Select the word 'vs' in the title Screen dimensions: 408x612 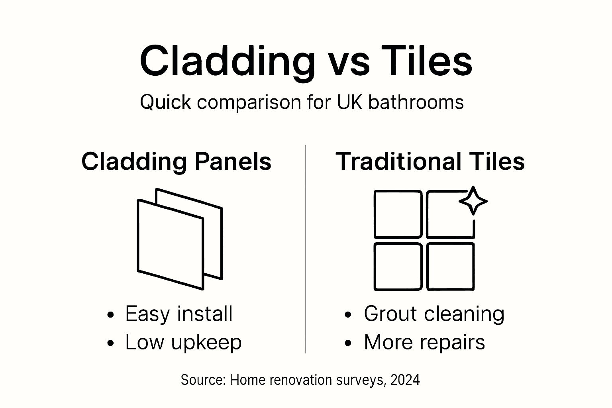pyautogui.click(x=349, y=64)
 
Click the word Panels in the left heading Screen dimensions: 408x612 pyautogui.click(x=233, y=162)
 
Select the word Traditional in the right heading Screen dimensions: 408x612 pyautogui.click(x=398, y=161)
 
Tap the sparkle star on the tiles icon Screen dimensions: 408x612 pyautogui.click(x=473, y=200)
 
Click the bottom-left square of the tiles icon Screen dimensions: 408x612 pyautogui.click(x=398, y=266)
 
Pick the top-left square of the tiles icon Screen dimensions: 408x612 pyautogui.click(x=398, y=214)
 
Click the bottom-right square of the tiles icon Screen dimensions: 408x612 pyautogui.click(x=450, y=266)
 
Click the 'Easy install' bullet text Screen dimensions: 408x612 pyautogui.click(x=178, y=314)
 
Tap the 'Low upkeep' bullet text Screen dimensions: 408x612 pyautogui.click(x=183, y=342)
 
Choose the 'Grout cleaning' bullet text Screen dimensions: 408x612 pyautogui.click(x=433, y=314)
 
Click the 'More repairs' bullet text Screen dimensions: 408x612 pyautogui.click(x=424, y=342)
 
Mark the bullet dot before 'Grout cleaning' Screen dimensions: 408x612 pyautogui.click(x=348, y=315)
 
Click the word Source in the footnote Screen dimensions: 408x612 pyautogui.click(x=203, y=380)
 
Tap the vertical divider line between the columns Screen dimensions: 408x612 pyautogui.click(x=306, y=249)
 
